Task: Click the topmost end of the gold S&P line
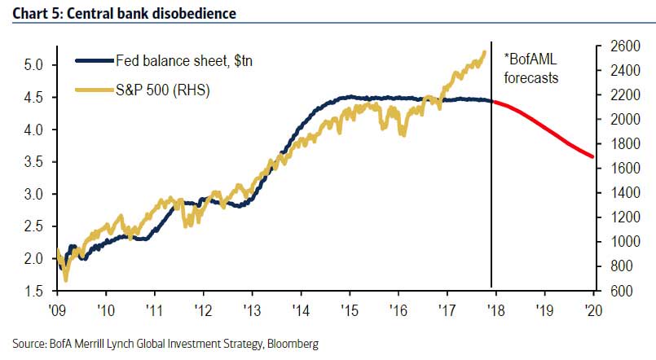(x=485, y=52)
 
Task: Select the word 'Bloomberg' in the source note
(x=292, y=345)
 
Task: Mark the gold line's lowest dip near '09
(x=65, y=279)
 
